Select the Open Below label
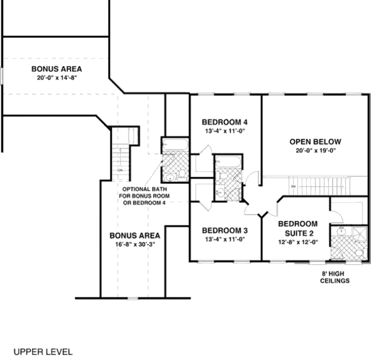[315, 141]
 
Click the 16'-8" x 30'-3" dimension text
[135, 245]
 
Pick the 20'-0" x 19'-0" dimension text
[315, 150]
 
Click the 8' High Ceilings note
[335, 276]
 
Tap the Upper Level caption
[43, 351]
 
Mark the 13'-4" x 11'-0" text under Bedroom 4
[224, 131]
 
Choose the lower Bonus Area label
[135, 235]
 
